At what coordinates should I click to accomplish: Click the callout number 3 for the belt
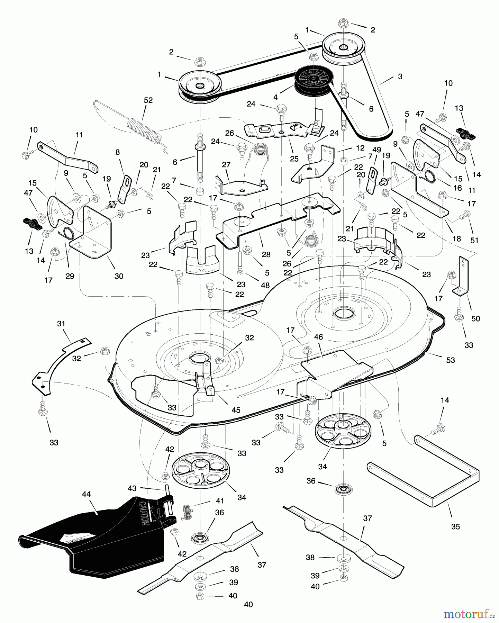(x=400, y=76)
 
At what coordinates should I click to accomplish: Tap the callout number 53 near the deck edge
(x=450, y=360)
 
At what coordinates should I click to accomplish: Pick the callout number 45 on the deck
(x=236, y=410)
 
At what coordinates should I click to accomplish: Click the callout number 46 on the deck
(x=318, y=337)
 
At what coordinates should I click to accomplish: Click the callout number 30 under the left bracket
(x=119, y=276)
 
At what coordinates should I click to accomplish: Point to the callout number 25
(x=294, y=159)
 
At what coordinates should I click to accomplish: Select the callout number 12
(x=360, y=148)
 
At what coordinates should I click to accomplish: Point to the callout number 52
(x=148, y=100)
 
